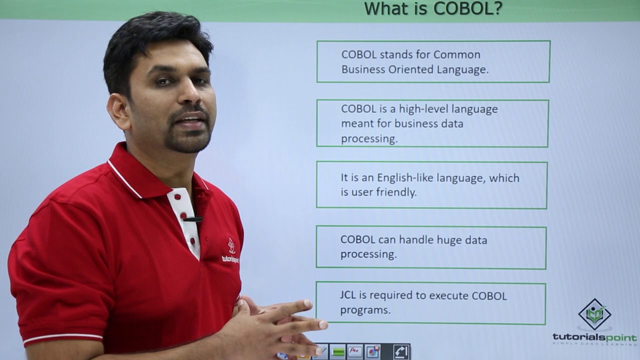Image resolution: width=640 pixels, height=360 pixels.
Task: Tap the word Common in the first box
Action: point(457,54)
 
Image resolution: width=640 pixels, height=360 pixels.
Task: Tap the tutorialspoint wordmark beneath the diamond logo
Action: point(594,337)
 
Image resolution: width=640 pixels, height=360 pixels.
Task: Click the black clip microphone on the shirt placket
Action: point(193,219)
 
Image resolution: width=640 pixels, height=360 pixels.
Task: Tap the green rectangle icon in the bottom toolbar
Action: point(338,352)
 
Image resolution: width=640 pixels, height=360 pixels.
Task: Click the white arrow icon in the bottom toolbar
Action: point(401,352)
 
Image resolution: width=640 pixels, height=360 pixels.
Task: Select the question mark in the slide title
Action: point(497,8)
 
